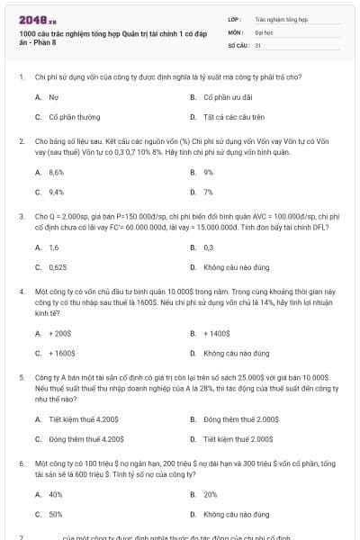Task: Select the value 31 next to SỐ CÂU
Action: click(258, 44)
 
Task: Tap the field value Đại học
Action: click(264, 31)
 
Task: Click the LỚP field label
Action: click(235, 18)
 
